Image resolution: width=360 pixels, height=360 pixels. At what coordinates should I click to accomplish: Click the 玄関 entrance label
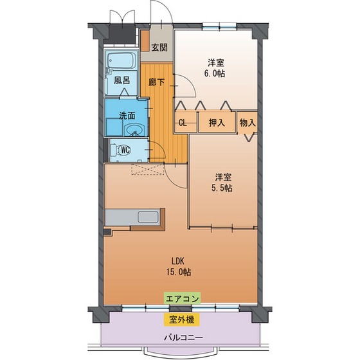click(160, 47)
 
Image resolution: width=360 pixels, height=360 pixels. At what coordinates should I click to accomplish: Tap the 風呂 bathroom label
click(122, 82)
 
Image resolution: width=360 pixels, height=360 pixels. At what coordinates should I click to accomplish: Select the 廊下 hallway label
click(156, 82)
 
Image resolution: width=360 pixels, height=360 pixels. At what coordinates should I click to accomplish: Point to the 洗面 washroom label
click(127, 116)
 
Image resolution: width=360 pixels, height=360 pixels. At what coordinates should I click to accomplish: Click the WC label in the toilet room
click(126, 150)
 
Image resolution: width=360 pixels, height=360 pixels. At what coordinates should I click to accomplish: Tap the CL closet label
click(183, 123)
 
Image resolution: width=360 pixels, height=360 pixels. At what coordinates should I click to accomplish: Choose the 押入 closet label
click(216, 123)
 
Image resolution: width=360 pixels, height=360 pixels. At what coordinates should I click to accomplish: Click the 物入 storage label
click(248, 123)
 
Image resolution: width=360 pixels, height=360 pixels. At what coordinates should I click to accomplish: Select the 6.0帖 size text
click(216, 73)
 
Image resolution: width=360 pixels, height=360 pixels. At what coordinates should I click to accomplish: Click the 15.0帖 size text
click(178, 272)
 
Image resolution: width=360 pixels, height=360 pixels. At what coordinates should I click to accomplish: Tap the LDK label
click(178, 261)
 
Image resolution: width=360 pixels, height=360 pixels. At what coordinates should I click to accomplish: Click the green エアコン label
click(183, 298)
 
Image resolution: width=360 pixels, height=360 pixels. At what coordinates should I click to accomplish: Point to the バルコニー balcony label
click(183, 339)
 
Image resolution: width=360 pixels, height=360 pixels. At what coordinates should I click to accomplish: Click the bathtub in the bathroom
click(121, 62)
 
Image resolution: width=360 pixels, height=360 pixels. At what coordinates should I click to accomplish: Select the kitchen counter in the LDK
click(136, 217)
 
